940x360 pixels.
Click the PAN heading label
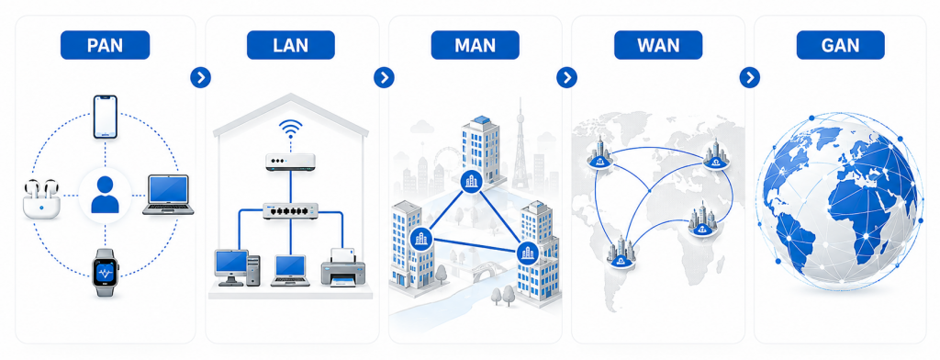(x=105, y=45)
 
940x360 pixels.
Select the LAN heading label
(x=291, y=45)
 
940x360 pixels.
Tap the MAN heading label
(x=475, y=45)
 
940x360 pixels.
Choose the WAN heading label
(x=658, y=45)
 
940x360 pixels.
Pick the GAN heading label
(x=841, y=45)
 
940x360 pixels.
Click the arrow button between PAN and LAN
(x=201, y=77)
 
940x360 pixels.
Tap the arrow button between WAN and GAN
(x=750, y=77)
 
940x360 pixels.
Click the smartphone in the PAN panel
(x=105, y=117)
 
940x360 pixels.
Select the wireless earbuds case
(x=41, y=199)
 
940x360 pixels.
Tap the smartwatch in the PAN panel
(x=106, y=273)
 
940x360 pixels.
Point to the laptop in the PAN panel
(x=169, y=195)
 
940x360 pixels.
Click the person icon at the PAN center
(x=105, y=195)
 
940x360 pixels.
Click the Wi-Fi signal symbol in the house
(x=291, y=129)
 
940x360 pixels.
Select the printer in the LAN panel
(x=343, y=267)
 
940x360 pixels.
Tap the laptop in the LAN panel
(x=290, y=271)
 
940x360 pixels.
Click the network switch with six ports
(x=291, y=210)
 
